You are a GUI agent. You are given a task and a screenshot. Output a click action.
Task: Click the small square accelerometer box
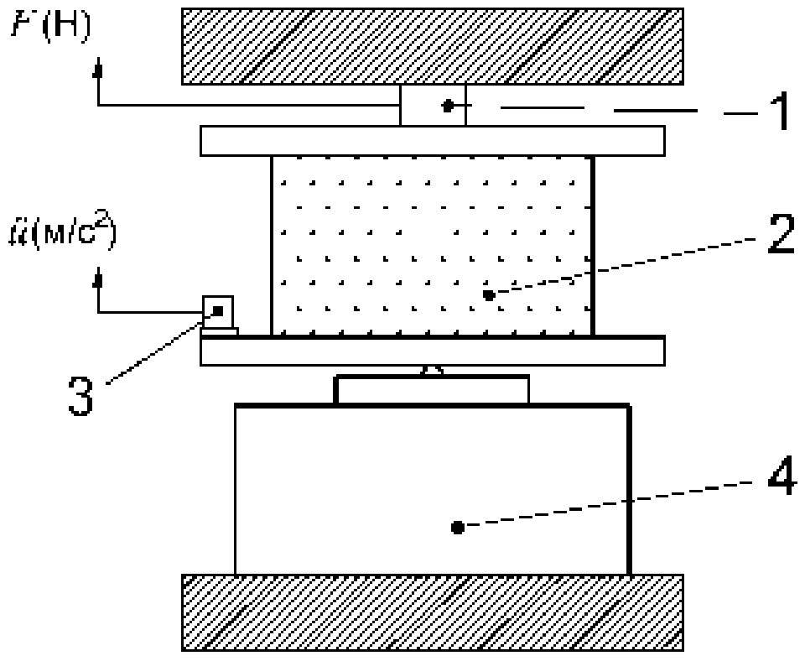coord(218,311)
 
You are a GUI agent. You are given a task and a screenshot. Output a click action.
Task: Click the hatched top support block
coord(433,47)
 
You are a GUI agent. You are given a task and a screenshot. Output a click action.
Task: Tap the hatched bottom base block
coord(433,612)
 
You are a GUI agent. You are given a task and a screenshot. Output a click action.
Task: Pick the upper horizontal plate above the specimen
coord(433,140)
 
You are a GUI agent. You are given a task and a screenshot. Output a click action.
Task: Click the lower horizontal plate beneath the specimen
coord(433,351)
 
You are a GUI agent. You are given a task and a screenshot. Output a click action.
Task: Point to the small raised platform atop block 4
coord(433,391)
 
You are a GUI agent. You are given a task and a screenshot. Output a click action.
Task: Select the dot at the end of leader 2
coord(489,294)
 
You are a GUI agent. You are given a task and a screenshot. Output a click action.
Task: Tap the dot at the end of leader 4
coord(457,528)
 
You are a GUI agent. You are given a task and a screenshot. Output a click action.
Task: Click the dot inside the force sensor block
coord(449,106)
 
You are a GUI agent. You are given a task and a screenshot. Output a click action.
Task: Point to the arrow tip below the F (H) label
coord(99,70)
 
